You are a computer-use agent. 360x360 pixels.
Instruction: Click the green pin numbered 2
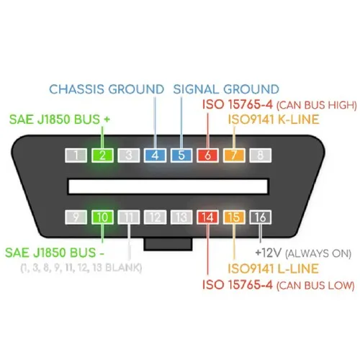102,156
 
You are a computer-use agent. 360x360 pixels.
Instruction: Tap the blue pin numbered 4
155,156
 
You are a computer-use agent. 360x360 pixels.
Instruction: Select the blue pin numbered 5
181,156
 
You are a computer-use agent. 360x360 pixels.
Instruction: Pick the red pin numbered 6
207,156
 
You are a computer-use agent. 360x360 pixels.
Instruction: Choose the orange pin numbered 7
234,156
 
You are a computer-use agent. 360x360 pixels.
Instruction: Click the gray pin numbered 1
76,156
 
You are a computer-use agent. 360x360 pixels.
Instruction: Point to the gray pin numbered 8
261,156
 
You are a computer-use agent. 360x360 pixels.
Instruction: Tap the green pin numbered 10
102,217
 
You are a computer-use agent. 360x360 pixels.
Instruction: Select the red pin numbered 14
207,217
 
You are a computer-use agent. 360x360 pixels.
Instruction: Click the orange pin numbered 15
234,217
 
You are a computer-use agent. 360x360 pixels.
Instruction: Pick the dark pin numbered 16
261,217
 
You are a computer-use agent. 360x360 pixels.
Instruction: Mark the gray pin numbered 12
155,217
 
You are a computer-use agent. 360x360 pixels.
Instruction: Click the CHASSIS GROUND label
107,89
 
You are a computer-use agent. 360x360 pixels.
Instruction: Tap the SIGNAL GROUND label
226,89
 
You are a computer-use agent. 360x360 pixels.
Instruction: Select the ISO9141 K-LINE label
274,120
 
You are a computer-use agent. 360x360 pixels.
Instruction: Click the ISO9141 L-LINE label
273,269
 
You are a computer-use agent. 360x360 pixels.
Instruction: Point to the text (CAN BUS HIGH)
317,105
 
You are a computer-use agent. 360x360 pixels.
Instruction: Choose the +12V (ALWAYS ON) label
303,253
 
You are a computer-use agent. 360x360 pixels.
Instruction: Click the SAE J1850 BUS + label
60,120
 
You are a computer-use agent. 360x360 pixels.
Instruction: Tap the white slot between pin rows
168,186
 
